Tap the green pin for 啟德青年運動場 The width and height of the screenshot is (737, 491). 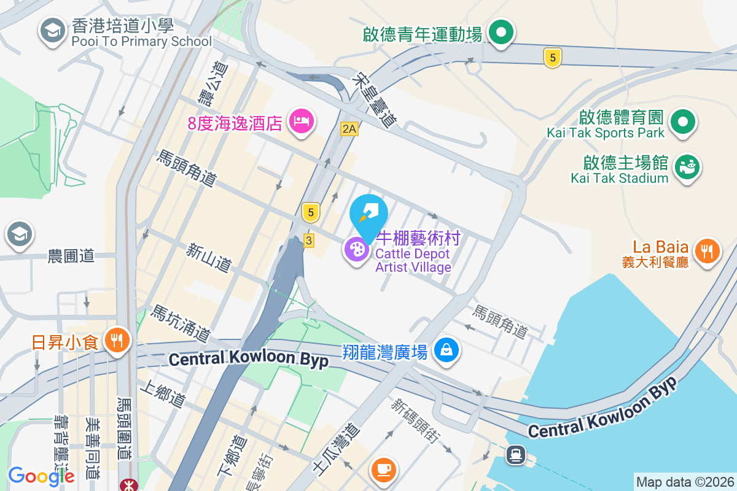501,32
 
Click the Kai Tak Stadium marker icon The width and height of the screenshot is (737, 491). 688,167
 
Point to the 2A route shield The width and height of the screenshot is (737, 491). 349,129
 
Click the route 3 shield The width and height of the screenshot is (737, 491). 308,240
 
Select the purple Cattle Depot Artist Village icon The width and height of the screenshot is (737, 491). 356,249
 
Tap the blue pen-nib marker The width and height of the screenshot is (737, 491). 368,212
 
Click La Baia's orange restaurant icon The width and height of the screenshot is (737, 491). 708,250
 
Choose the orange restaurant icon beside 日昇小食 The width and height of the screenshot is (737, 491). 115,339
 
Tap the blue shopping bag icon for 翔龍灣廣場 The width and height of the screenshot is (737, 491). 446,350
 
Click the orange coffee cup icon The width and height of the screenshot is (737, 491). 384,470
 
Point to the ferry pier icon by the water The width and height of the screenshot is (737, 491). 515,455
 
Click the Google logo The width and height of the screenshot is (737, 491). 41,476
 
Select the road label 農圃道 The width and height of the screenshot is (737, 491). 71,256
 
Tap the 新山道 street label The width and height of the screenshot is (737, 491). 209,258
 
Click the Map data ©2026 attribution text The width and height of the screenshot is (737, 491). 684,482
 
